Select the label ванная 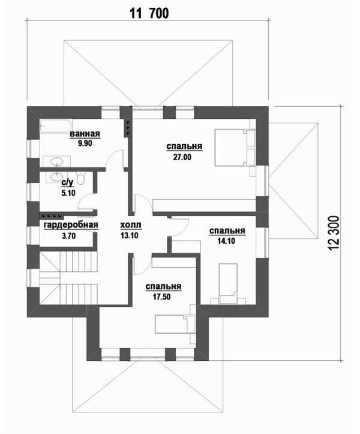coord(84,134)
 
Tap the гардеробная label coord(71,226)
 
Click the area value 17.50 coord(163,296)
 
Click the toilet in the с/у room coord(83,179)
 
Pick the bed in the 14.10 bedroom coord(227,282)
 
